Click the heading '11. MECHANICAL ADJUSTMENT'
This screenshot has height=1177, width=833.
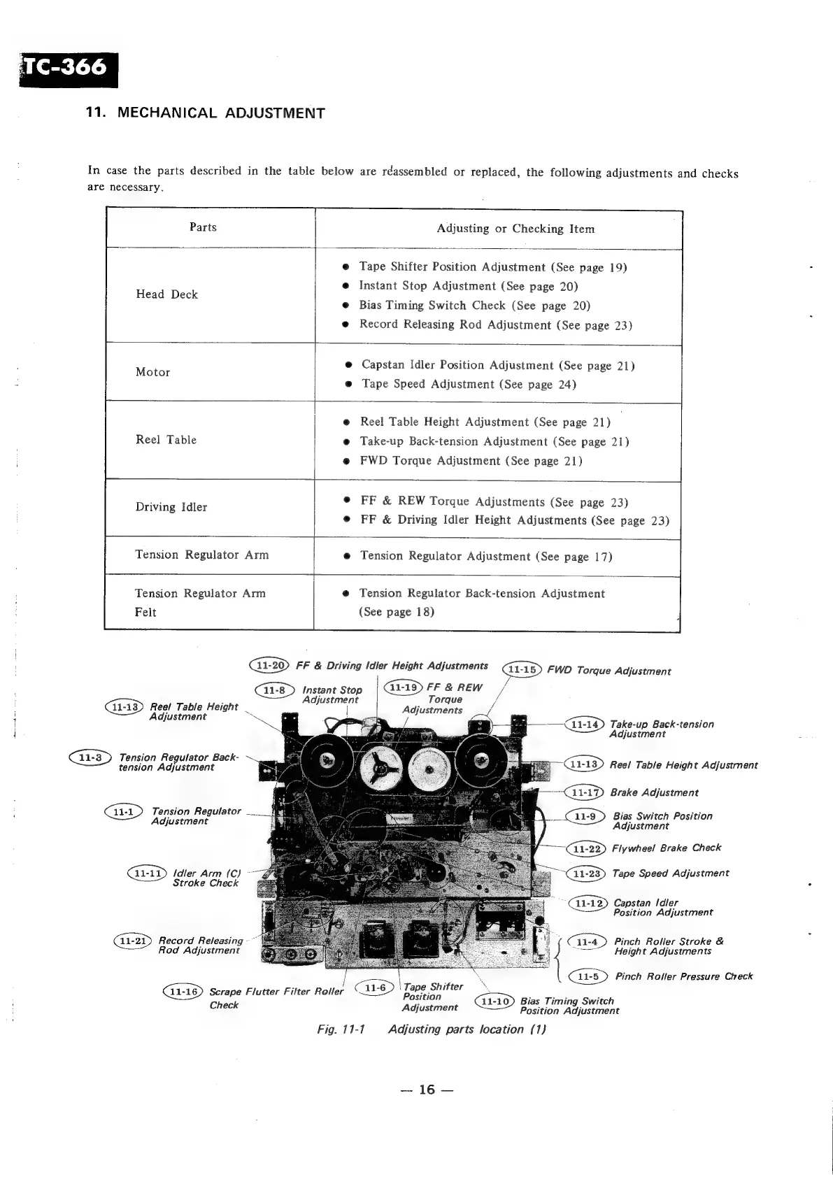click(x=205, y=113)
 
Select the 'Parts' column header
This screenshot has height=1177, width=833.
click(x=203, y=227)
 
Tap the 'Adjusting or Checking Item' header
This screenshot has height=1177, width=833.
click(x=515, y=229)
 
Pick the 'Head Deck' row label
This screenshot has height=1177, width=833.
click(x=166, y=294)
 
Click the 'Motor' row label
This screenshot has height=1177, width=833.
click(x=152, y=372)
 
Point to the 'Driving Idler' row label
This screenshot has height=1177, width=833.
click(x=171, y=507)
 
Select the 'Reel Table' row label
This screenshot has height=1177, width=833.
click(x=166, y=440)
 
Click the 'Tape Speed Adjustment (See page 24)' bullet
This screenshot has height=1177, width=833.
click(x=469, y=384)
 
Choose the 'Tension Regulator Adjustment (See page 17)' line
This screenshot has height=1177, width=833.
click(x=485, y=556)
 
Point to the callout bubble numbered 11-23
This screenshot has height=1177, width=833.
click(x=586, y=873)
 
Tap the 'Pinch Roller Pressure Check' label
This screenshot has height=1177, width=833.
click(x=683, y=976)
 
